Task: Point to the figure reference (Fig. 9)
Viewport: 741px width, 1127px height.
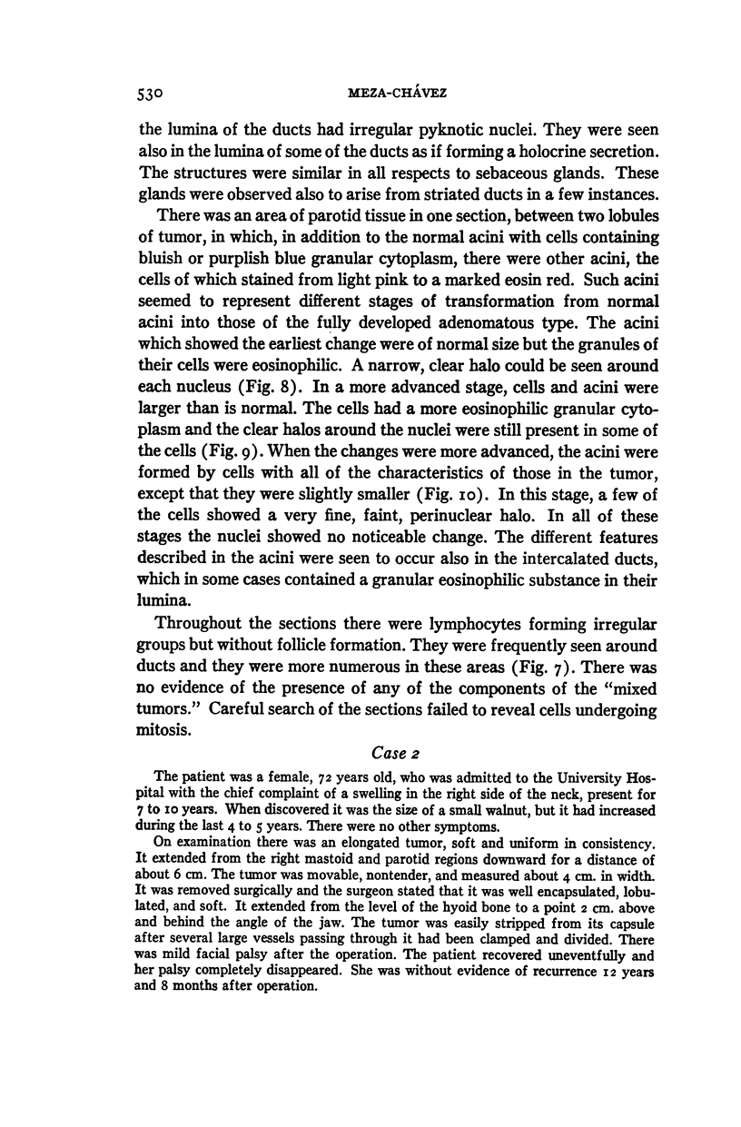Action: [192, 498]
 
